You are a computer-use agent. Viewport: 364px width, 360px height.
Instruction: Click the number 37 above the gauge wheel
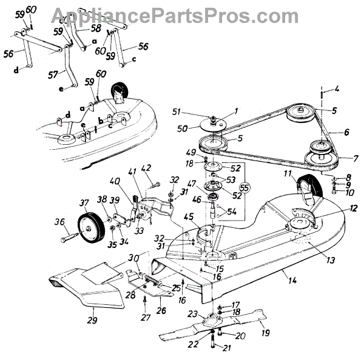[x=85, y=202]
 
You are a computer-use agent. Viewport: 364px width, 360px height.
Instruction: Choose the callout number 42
[x=146, y=168]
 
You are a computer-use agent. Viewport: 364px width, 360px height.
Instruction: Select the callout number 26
[x=162, y=310]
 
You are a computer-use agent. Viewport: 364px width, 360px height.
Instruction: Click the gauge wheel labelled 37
[x=89, y=227]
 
